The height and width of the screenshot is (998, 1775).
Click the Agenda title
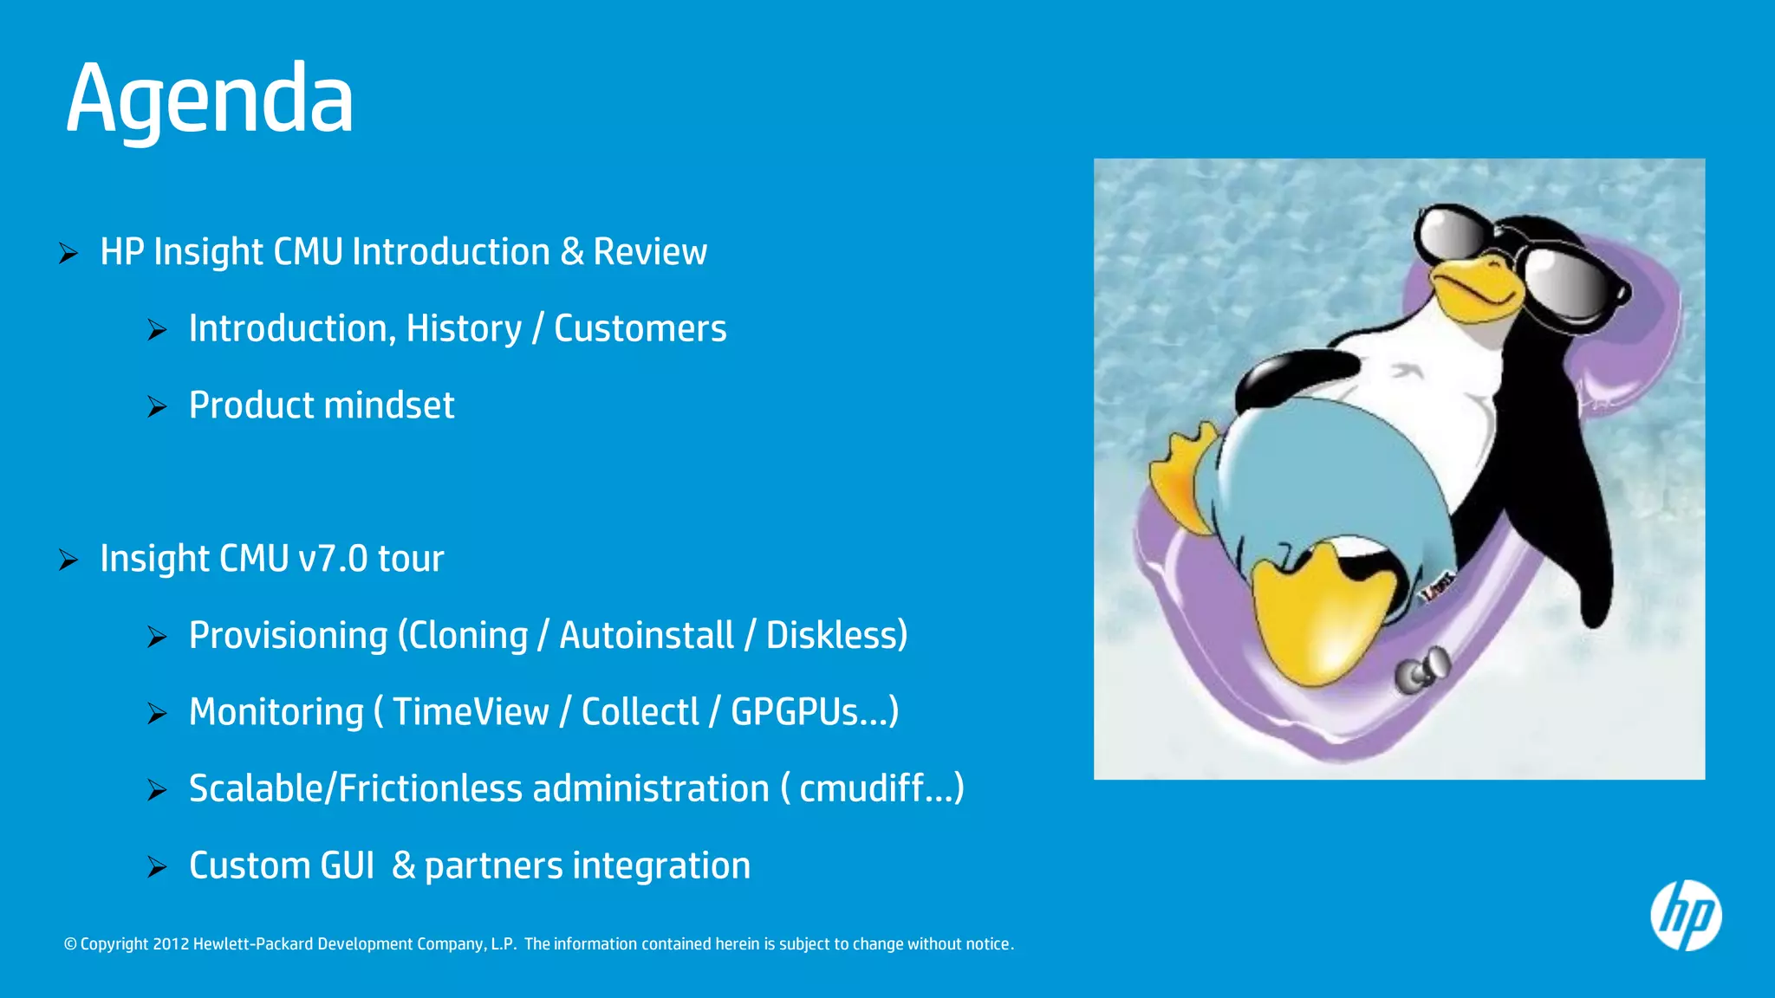210,100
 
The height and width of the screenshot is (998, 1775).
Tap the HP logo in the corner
1686,916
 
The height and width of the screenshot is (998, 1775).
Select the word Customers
640,329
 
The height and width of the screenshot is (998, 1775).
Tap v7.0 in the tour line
333,559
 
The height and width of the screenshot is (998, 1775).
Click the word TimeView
471,712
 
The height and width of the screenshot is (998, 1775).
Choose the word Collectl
640,712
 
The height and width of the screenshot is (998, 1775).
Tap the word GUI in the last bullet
347,866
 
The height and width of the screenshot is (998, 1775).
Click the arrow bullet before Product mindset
157,406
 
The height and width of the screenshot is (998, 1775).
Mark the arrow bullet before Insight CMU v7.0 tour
68,560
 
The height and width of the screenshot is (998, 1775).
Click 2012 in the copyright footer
171,944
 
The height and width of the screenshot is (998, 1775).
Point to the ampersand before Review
572,252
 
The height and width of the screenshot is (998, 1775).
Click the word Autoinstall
646,636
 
